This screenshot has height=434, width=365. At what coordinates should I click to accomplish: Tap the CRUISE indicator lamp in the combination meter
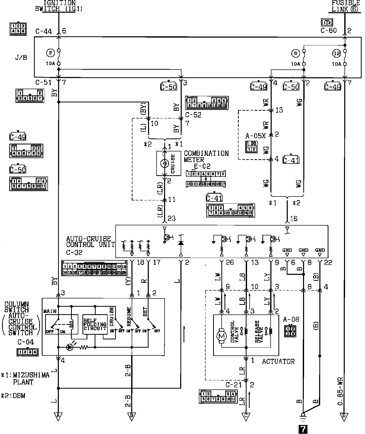pos(165,164)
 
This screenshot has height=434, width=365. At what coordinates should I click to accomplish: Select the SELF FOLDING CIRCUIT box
pos(95,324)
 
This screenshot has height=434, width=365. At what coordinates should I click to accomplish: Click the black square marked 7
pos(303,429)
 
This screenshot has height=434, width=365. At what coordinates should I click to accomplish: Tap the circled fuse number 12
pos(336,54)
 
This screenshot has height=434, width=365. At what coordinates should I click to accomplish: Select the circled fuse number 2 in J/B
pos(50,53)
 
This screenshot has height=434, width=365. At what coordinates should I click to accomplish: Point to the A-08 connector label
pos(291,319)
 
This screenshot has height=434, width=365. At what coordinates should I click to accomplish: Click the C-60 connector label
pos(328,30)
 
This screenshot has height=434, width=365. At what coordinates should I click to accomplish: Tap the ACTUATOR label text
pos(278,361)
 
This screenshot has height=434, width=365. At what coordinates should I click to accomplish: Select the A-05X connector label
pos(256,136)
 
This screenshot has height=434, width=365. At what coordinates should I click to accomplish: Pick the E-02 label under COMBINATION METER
pos(202,166)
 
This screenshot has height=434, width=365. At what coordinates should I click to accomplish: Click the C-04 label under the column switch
pos(25,342)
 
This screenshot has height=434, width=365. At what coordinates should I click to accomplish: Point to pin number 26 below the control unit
pos(230,263)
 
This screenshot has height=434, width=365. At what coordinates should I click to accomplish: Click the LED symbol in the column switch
pos(69,347)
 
